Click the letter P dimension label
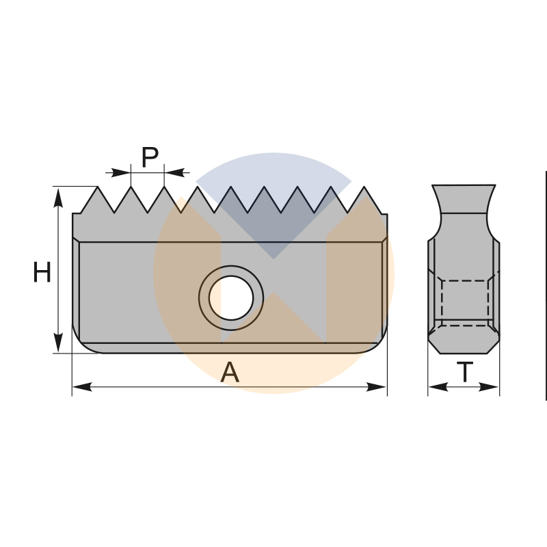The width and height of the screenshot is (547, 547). [x=150, y=157]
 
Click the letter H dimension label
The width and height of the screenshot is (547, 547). [x=42, y=271]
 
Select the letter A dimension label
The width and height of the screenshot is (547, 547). [x=230, y=372]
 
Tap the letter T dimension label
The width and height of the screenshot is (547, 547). [x=465, y=372]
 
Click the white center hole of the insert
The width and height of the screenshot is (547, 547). [x=231, y=298]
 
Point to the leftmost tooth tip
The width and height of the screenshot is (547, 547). [x=97, y=187]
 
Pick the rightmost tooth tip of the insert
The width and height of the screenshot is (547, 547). [x=364, y=187]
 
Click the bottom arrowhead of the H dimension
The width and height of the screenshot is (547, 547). [x=58, y=343]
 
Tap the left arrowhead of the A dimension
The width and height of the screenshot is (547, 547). [x=82, y=387]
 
